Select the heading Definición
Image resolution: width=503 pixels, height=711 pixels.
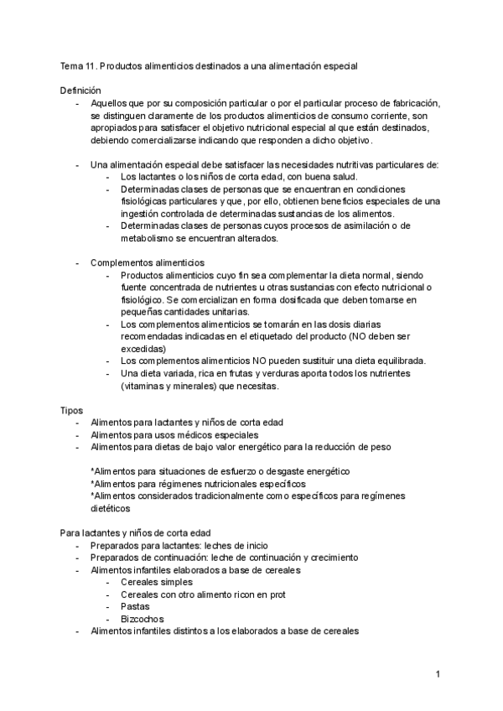80,90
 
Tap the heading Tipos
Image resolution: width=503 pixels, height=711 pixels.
71,411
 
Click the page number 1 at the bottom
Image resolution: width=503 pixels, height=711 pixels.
438,674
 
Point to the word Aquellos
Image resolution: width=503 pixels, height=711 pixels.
109,102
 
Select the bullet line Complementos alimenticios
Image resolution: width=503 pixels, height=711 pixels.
147,262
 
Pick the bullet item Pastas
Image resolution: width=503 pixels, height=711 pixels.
136,605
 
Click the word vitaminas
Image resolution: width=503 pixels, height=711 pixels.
147,386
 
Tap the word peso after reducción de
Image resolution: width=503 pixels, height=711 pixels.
378,448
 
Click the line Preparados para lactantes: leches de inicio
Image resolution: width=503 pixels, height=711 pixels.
179,545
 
